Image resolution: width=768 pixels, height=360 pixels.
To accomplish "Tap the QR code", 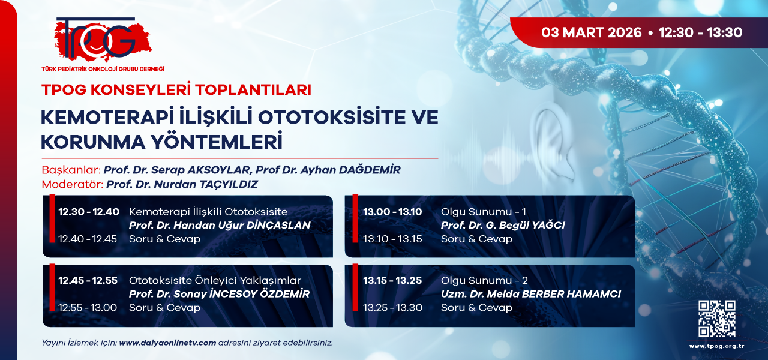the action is point(716,319).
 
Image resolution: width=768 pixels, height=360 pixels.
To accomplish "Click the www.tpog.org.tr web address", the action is point(716,346).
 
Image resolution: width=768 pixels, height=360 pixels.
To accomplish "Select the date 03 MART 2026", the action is point(592,32).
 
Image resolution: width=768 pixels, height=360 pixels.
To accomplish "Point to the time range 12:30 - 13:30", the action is point(700,32).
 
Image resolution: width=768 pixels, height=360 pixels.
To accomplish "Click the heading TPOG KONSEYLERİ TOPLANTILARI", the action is point(176,90).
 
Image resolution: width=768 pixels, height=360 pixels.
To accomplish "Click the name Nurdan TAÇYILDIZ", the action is point(206,184).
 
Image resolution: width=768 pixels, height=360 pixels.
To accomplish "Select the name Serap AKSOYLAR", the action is point(200,170).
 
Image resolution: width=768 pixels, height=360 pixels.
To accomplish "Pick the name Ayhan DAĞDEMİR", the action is point(349,170).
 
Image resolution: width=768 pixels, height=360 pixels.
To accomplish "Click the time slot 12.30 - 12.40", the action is point(89,212).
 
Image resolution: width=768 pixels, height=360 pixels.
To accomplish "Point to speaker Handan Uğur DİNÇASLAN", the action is point(242,225).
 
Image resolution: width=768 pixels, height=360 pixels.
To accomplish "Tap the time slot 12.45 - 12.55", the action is point(88,280).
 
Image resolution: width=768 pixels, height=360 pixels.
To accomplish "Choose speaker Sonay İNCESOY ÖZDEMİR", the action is point(242,294).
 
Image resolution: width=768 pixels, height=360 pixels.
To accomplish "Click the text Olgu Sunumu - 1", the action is point(484,212).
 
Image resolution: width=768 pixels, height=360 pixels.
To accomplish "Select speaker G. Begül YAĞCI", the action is point(525,225).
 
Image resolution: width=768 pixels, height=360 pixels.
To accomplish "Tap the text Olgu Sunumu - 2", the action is point(484,280).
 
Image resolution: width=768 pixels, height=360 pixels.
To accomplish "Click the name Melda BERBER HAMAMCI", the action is point(554,294).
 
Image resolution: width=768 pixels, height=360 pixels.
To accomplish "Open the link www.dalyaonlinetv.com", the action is point(167,343).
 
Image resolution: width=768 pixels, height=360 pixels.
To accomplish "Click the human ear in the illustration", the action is point(553,144).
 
